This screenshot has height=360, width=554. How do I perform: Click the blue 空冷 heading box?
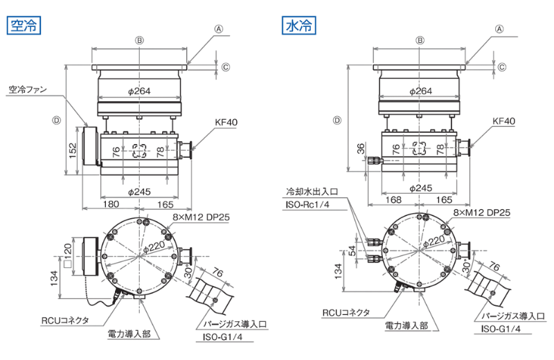coord(24,26)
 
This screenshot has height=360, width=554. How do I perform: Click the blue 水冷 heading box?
coord(299,26)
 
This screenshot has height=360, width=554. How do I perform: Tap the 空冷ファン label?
coord(28,89)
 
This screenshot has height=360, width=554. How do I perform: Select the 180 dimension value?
coord(111,204)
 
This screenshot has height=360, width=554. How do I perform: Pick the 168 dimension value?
coord(393,200)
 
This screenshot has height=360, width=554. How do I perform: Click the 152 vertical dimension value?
coord(73,150)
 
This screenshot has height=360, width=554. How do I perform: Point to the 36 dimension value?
coord(360,148)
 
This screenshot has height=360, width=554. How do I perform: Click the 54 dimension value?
coord(352,251)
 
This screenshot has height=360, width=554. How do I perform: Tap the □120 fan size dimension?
coord(67,253)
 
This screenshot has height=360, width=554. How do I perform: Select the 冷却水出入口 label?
coord(312,192)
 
